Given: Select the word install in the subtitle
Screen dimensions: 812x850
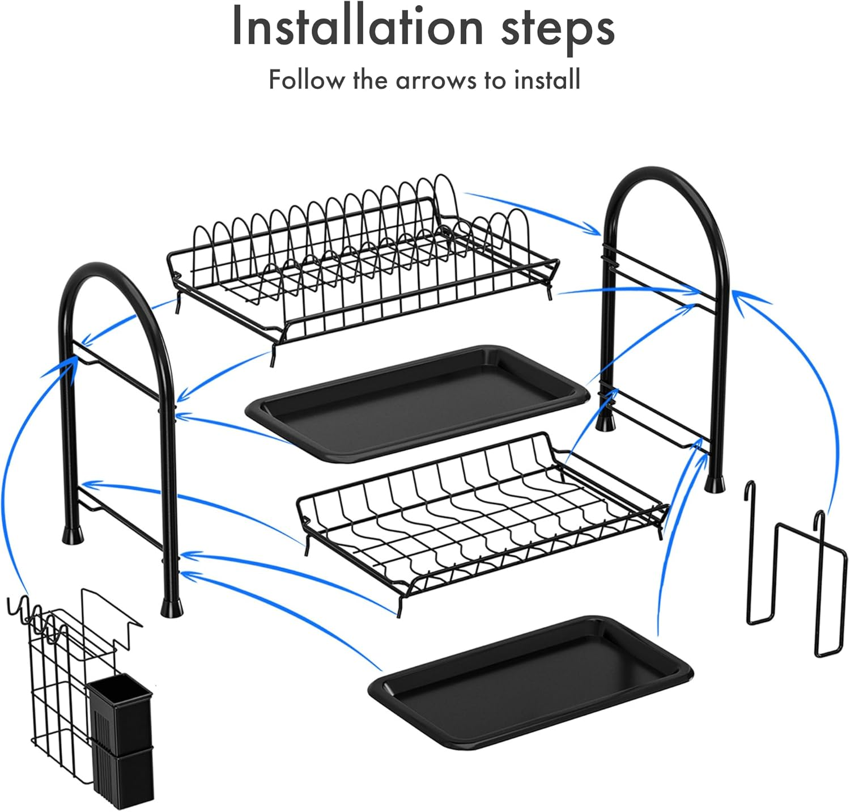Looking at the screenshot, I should [x=547, y=79].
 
